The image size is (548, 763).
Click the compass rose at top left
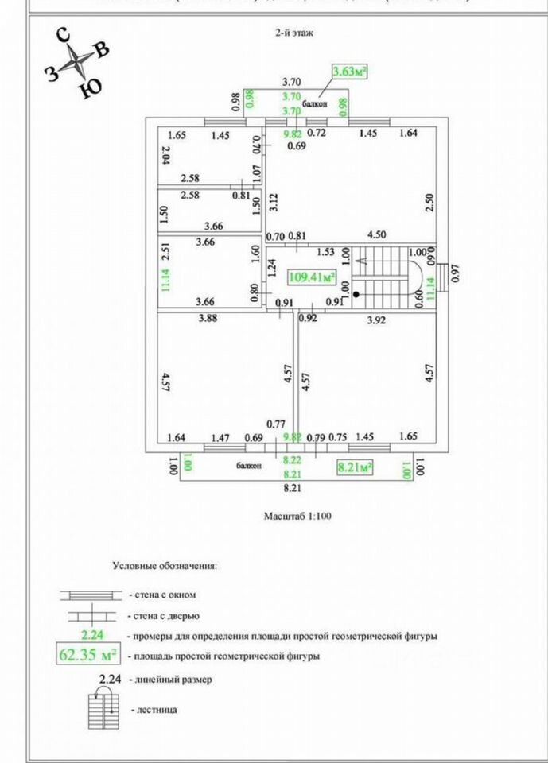click(x=77, y=60)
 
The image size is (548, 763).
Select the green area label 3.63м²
click(x=350, y=72)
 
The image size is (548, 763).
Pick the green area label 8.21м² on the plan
click(x=355, y=467)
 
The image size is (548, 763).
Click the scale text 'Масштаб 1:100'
click(x=297, y=516)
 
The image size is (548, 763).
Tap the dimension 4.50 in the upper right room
click(x=376, y=235)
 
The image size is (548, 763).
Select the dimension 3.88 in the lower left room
click(x=208, y=320)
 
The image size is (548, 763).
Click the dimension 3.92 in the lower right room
click(x=376, y=320)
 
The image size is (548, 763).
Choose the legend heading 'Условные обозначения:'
click(x=165, y=566)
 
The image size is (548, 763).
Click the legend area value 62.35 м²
click(x=87, y=656)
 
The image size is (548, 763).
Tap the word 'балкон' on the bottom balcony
click(x=247, y=466)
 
